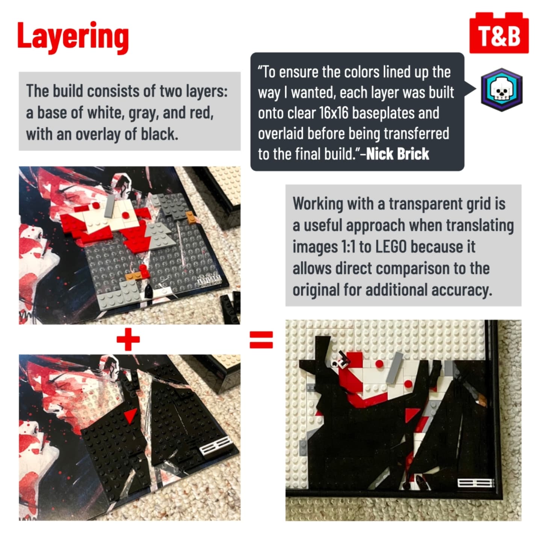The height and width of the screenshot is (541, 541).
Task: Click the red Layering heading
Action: (73, 37)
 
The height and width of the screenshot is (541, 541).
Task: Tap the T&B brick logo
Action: (499, 33)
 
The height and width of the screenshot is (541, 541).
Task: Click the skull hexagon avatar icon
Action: (502, 89)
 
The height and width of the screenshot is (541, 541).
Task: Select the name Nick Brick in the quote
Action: (397, 154)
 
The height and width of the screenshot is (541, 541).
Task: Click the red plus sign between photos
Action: (128, 339)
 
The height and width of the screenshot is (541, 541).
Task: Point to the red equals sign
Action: (261, 340)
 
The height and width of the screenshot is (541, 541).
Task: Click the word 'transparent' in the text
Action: (427, 204)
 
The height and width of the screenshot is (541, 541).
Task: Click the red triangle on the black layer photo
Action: (130, 415)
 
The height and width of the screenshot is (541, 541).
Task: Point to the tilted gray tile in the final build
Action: (394, 368)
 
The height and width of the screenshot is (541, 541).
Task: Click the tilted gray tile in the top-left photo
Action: (109, 206)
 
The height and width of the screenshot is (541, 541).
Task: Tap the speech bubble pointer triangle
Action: (470, 89)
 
